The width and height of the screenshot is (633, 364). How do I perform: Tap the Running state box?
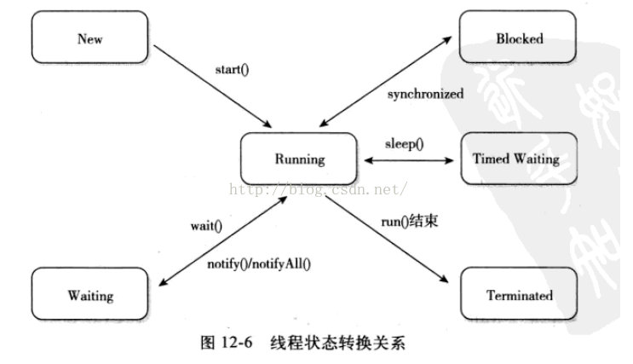[x=299, y=159]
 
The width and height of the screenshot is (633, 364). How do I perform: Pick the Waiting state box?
[x=89, y=296]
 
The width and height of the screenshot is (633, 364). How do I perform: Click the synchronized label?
[x=425, y=94]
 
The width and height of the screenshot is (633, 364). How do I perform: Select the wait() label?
[x=205, y=226]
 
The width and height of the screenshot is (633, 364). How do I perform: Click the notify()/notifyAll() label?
[x=260, y=263]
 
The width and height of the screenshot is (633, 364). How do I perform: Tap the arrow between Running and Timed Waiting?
[x=409, y=159]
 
